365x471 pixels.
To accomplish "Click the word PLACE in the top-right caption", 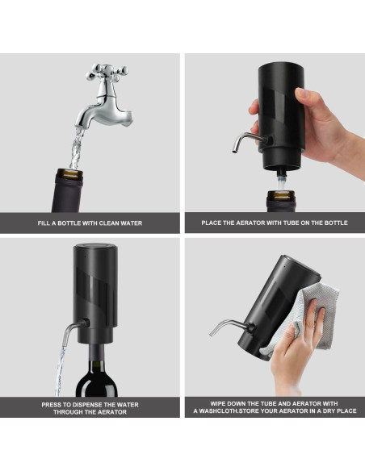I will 214,223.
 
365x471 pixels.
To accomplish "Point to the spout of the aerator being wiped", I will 225,326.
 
